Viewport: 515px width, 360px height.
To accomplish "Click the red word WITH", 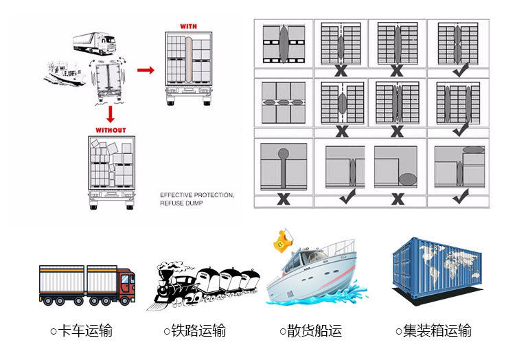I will pyautogui.click(x=187, y=26).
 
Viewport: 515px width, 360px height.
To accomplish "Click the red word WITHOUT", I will pyautogui.click(x=111, y=129).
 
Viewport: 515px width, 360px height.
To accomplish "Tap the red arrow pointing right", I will pyautogui.click(x=145, y=69).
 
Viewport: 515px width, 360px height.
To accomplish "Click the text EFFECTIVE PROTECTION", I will pyautogui.click(x=196, y=196).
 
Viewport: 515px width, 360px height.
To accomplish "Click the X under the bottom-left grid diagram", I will pyautogui.click(x=283, y=200).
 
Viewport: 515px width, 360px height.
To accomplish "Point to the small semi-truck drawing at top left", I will pyautogui.click(x=94, y=43).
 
